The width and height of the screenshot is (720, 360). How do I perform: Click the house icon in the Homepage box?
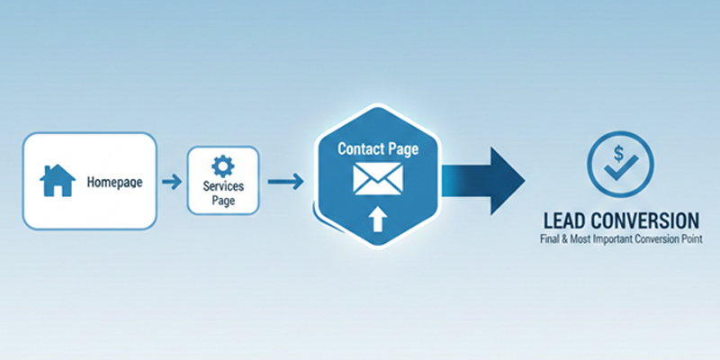[57, 180]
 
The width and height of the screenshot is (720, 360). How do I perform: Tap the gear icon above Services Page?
[221, 166]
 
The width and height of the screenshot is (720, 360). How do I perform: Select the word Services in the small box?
[222, 185]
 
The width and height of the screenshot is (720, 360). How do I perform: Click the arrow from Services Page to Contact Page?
[285, 182]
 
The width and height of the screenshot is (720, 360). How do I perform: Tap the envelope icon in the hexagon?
[377, 178]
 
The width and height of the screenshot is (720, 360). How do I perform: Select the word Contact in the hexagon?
[357, 146]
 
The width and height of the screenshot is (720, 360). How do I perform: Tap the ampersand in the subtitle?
[566, 240]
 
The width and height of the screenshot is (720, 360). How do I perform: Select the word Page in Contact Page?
[401, 146]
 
